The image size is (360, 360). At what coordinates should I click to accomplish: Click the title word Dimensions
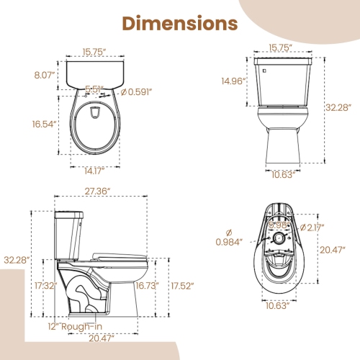point(179,23)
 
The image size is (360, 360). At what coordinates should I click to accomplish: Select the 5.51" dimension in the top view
point(94,90)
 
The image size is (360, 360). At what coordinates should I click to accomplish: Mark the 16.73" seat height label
point(147,286)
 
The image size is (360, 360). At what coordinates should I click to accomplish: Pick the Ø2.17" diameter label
point(313,228)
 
